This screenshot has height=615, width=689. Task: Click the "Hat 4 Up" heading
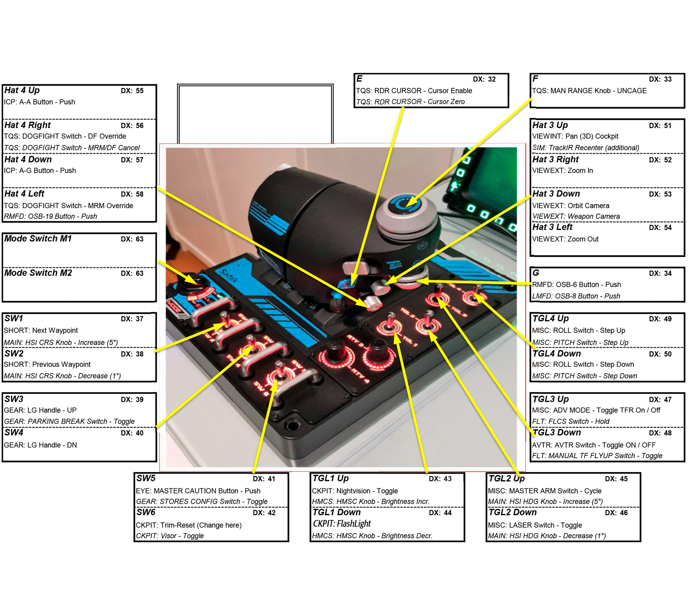(x=22, y=90)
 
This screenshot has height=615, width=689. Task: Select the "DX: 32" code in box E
(x=484, y=79)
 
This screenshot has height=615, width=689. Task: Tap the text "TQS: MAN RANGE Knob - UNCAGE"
(x=589, y=91)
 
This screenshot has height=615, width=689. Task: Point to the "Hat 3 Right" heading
(x=555, y=159)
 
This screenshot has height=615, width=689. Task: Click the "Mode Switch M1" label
(x=38, y=239)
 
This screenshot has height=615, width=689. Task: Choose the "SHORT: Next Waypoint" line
(x=41, y=330)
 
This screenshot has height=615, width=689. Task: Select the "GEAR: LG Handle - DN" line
(x=40, y=445)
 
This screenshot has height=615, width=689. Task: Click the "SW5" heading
(x=146, y=478)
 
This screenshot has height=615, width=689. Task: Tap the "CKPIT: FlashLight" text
(x=341, y=524)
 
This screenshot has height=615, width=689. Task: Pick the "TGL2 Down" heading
(x=512, y=512)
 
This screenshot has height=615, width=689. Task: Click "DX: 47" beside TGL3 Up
(x=660, y=399)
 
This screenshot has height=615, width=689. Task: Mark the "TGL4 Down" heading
(x=556, y=353)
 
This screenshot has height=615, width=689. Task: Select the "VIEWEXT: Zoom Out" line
(x=565, y=239)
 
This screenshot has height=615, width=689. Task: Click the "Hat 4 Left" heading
(x=24, y=194)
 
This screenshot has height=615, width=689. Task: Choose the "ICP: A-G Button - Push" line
(x=40, y=170)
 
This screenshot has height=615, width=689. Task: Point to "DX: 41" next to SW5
(x=264, y=479)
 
